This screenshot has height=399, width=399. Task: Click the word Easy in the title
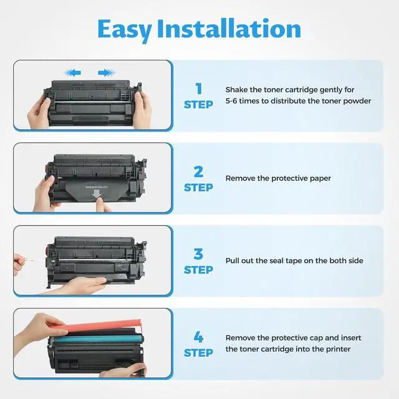click(125, 30)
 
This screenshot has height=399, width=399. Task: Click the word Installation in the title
click(229, 29)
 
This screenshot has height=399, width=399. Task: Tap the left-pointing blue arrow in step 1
click(73, 73)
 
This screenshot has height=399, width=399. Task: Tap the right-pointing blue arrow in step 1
click(107, 73)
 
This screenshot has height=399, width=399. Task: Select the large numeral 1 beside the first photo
click(198, 89)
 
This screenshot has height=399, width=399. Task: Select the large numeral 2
click(198, 172)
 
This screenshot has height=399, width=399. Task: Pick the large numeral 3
click(198, 254)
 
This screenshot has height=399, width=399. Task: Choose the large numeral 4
click(198, 337)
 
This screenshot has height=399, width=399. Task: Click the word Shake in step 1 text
click(236, 90)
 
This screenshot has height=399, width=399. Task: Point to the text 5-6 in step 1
click(231, 101)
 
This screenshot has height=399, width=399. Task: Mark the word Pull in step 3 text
click(231, 261)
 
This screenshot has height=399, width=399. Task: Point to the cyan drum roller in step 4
click(97, 339)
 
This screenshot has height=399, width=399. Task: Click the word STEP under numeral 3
click(198, 270)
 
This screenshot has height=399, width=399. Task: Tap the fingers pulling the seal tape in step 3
click(19, 262)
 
